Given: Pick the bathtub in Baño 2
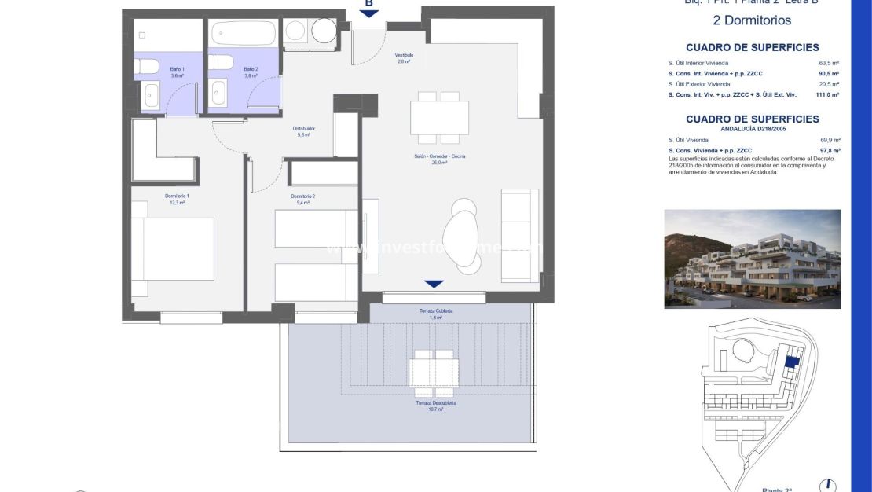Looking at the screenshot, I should point(244,33).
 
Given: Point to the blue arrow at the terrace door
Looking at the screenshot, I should point(434,284).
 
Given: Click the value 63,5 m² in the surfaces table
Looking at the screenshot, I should point(830,63).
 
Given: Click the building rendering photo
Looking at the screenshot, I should point(752,259).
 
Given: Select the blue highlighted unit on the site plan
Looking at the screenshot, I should point(792,362).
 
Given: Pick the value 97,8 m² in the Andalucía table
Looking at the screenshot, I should point(830,150).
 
